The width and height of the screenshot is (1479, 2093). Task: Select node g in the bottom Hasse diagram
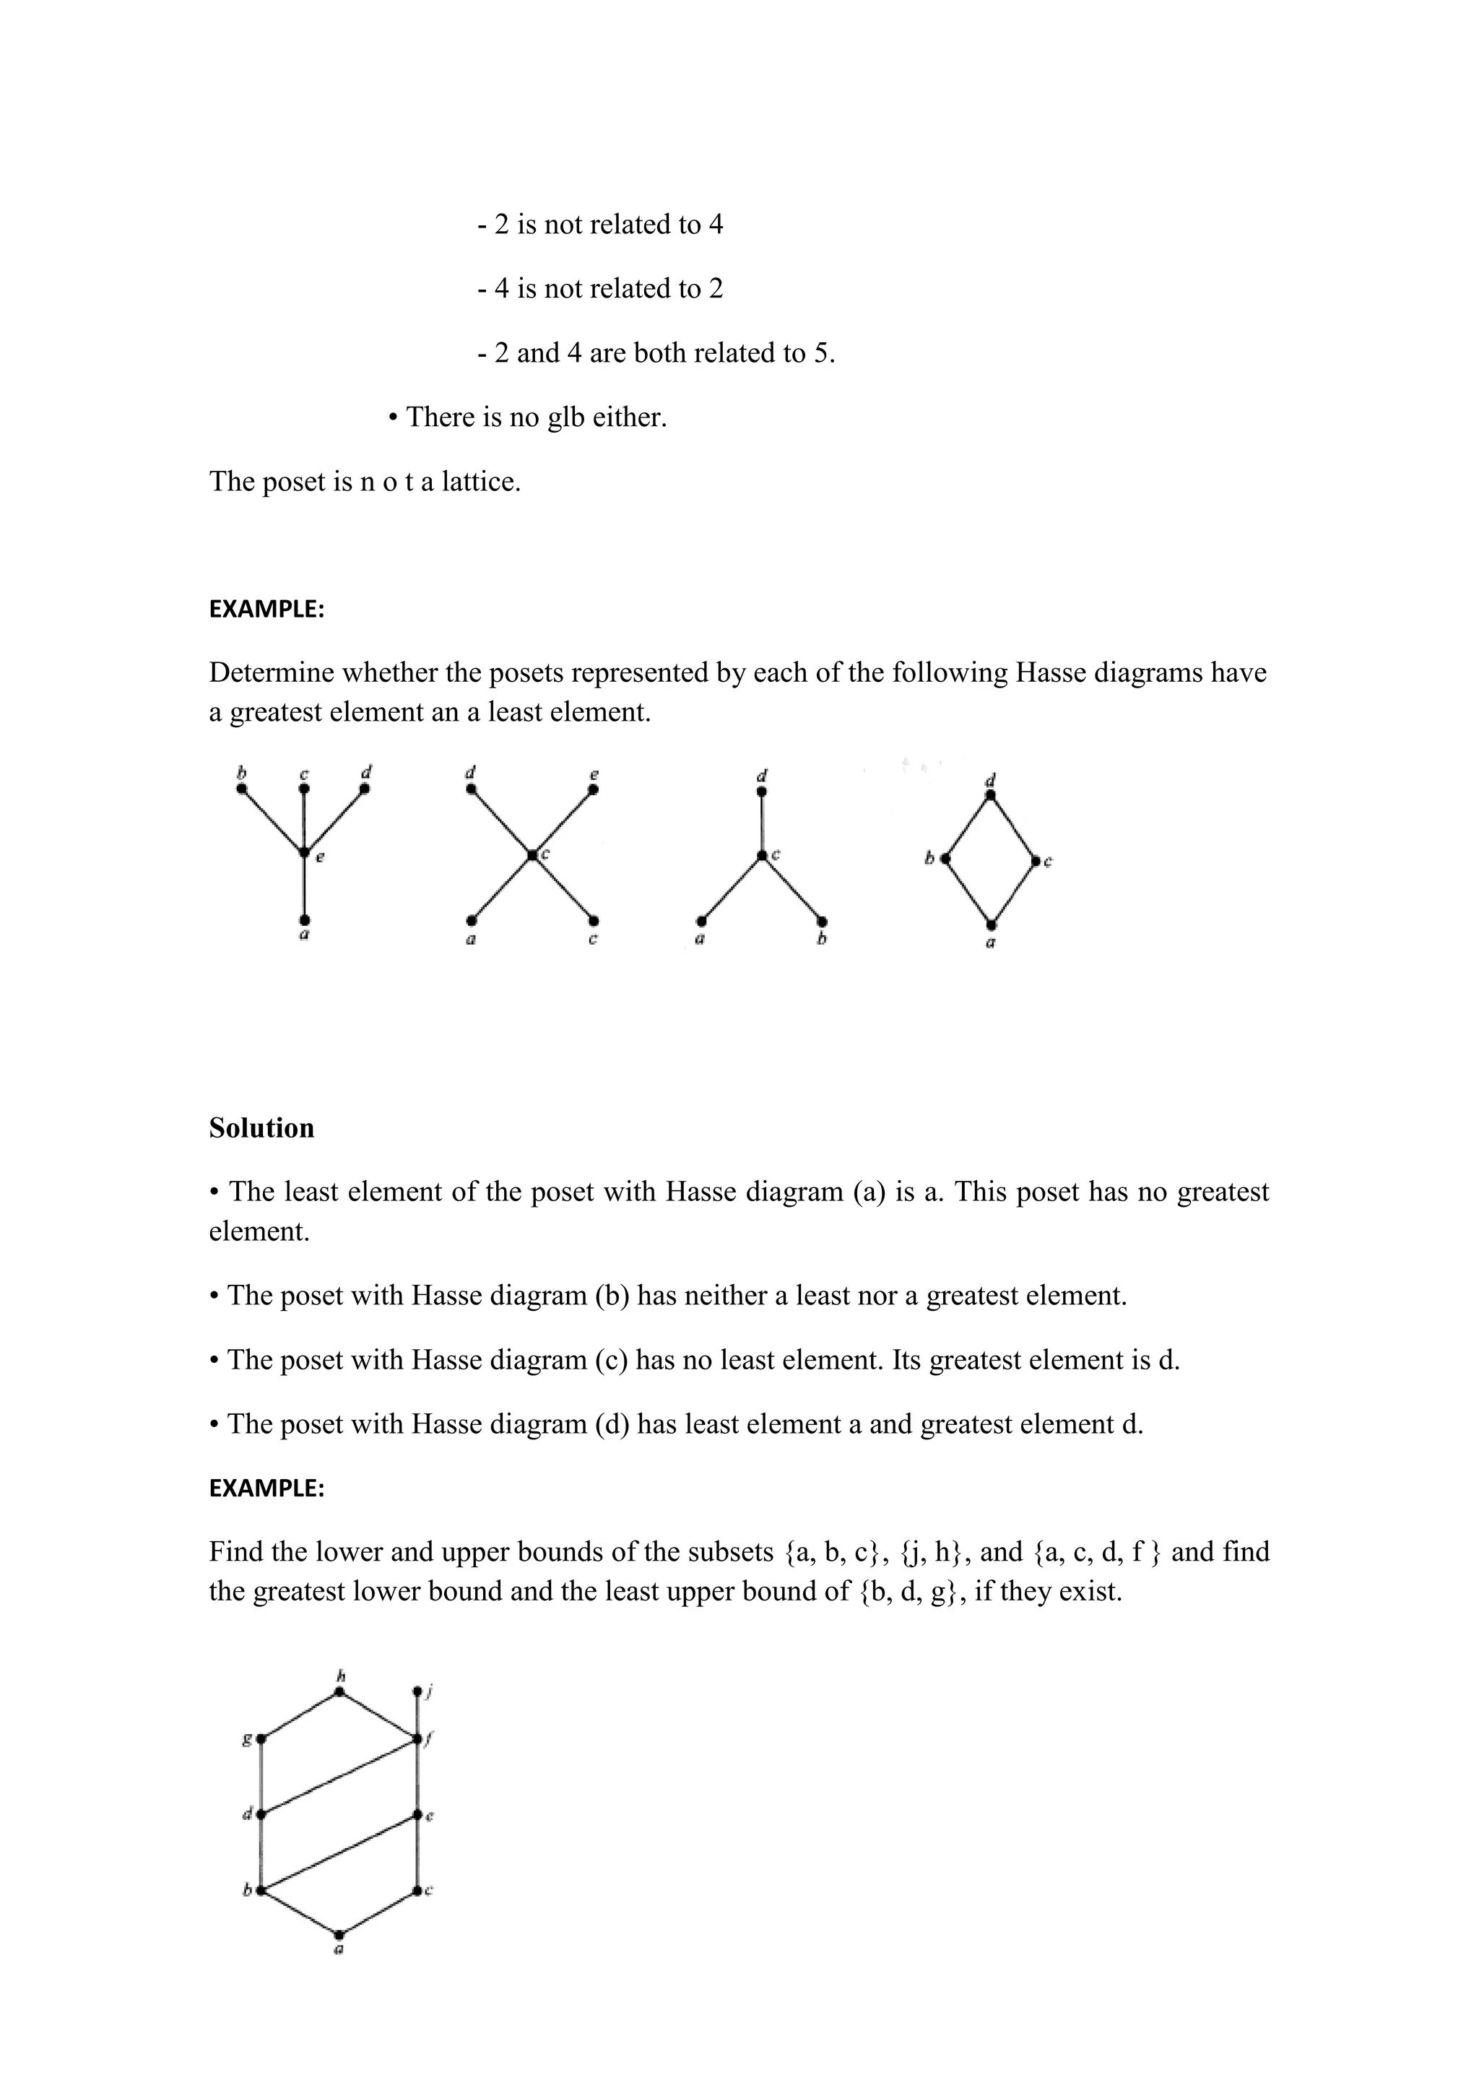pyautogui.click(x=261, y=1739)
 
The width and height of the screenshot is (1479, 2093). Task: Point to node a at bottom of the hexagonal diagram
pyautogui.click(x=339, y=1934)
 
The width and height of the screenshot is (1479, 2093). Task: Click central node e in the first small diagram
pyautogui.click(x=304, y=852)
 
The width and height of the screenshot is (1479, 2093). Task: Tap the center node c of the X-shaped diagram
pyautogui.click(x=532, y=854)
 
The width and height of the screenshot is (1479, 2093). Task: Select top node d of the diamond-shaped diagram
pyautogui.click(x=991, y=796)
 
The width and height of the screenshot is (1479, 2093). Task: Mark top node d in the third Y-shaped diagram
pyautogui.click(x=762, y=792)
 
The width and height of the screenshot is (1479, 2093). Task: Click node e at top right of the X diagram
pyautogui.click(x=593, y=789)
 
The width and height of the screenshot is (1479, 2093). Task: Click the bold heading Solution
pyautogui.click(x=261, y=1127)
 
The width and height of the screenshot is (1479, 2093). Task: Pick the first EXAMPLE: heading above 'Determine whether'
pyautogui.click(x=267, y=609)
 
